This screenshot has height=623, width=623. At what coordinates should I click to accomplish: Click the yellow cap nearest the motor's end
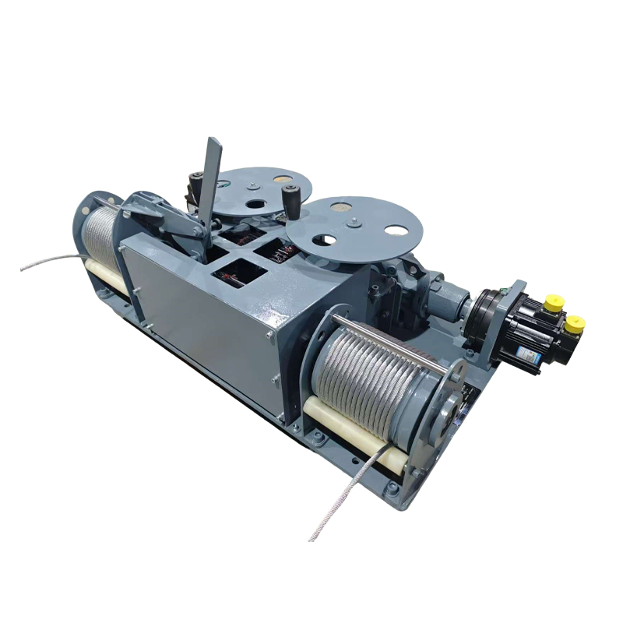(575, 322)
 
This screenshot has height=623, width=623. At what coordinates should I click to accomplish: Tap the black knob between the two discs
(294, 201)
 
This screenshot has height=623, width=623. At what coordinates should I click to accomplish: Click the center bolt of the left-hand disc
(252, 185)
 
